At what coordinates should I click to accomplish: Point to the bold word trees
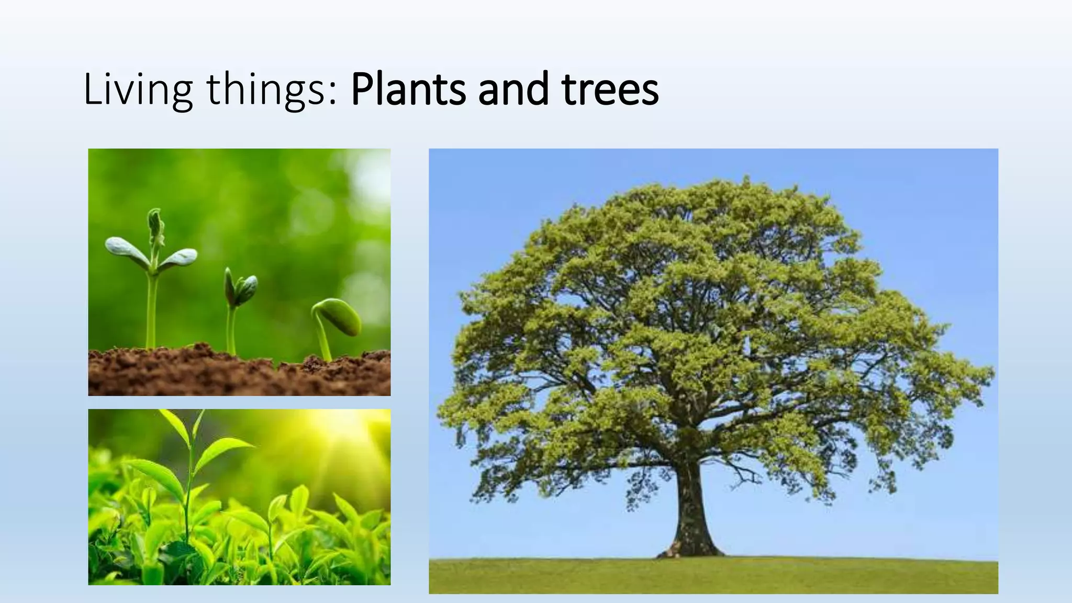click(x=610, y=90)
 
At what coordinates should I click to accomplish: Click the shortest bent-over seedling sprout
click(x=335, y=325)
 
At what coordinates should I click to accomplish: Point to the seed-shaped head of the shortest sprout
click(x=340, y=317)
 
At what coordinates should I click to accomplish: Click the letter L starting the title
click(x=92, y=90)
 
